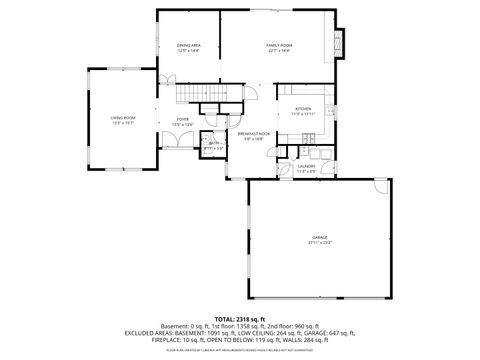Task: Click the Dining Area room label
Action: pos(189,45)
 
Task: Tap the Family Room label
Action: pos(279,45)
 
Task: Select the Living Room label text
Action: pos(123,119)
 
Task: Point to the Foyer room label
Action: pos(182,119)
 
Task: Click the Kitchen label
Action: pos(303,109)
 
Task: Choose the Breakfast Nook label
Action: pos(251,133)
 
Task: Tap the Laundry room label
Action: pos(306,166)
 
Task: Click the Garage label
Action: pos(319,237)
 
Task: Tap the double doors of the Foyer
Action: pos(174,143)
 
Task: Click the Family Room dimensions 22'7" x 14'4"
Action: pos(279,50)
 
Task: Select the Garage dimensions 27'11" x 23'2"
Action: pos(319,243)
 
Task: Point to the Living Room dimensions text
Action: pos(123,124)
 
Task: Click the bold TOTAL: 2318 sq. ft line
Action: pos(239,317)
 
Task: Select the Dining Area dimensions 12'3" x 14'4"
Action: pos(189,50)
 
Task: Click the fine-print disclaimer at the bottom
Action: pos(239,351)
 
